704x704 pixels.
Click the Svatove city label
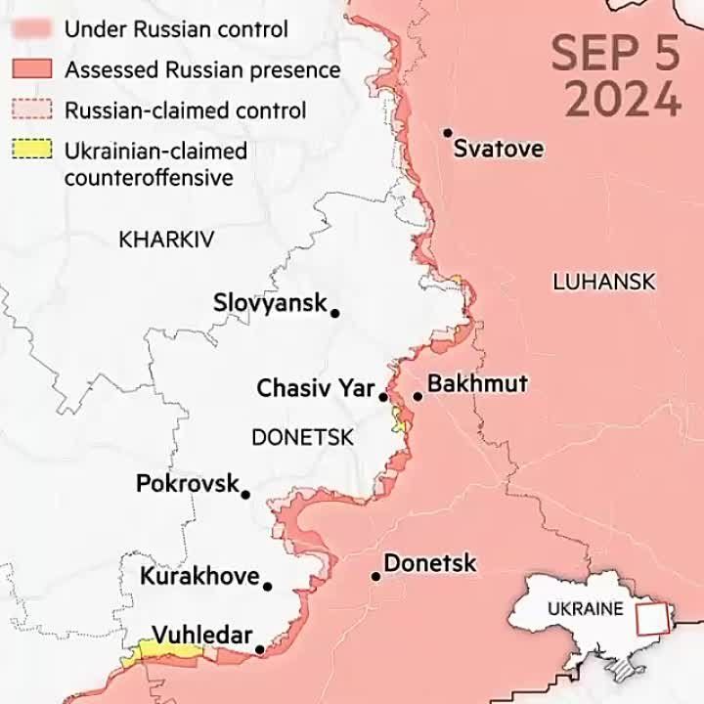click(499, 150)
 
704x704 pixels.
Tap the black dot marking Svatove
click(447, 132)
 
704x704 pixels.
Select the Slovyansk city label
click(270, 303)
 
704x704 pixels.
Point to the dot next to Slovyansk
click(334, 313)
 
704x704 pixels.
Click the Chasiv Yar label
click(315, 388)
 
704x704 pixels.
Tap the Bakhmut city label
click(477, 383)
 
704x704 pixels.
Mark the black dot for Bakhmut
click(418, 396)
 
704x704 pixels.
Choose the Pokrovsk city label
click(187, 483)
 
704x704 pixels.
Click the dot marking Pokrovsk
click(244, 495)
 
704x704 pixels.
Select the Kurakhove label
click(199, 576)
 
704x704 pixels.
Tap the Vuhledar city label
click(200, 634)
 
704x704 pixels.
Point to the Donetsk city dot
click(374, 576)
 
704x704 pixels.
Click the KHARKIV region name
click(166, 240)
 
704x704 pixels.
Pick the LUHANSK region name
click(603, 282)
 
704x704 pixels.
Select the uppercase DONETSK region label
click(302, 438)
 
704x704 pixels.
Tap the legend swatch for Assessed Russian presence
click(31, 69)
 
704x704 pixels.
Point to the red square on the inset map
click(651, 619)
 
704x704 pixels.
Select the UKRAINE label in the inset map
click(585, 608)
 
